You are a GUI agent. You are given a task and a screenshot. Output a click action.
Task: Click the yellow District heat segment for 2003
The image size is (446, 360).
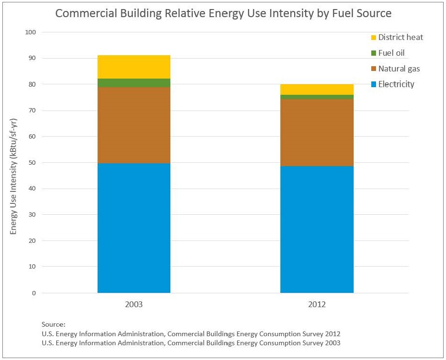coord(134,67)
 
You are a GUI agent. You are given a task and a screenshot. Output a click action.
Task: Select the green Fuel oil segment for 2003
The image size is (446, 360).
coord(134,83)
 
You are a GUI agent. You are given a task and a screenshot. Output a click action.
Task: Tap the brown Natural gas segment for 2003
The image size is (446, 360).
coord(134,125)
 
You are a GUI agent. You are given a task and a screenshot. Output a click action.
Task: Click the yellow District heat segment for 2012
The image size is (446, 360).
coord(317,90)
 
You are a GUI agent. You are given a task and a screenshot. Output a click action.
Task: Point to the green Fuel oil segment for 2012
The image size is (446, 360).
coord(317,97)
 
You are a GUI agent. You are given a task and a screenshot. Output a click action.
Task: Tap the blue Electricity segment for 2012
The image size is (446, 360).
coord(317,229)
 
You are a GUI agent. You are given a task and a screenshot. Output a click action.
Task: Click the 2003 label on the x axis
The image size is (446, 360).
coord(134,304)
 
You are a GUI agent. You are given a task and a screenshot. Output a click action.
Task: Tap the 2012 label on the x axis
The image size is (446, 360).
coord(317,304)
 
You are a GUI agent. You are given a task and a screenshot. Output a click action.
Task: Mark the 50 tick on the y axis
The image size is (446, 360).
coord(32,163)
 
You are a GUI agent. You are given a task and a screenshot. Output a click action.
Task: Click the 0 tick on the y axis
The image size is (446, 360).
coord(34,293)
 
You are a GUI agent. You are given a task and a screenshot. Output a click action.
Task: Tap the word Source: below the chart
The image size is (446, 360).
coord(53,324)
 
